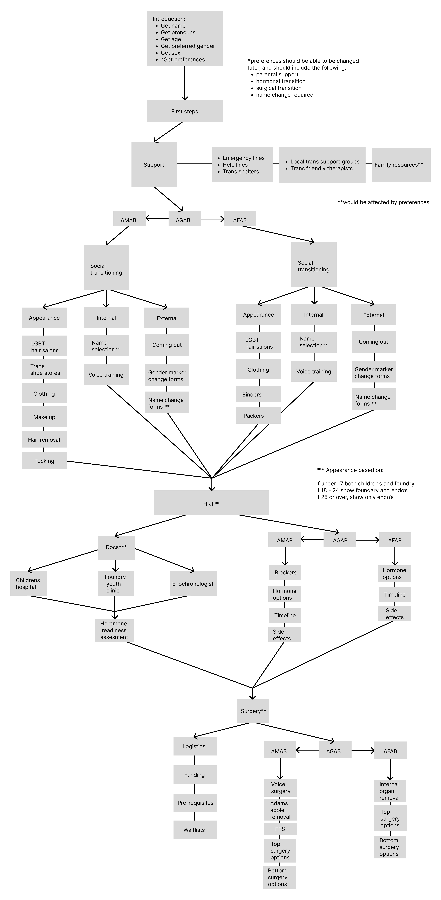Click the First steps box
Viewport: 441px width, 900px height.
pyautogui.click(x=184, y=111)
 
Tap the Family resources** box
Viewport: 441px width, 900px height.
pyautogui.click(x=401, y=165)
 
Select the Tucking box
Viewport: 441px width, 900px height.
pyautogui.click(x=44, y=461)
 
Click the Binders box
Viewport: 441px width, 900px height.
pyautogui.click(x=258, y=394)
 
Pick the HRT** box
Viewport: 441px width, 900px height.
pyautogui.click(x=211, y=503)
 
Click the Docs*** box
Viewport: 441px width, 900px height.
pyautogui.click(x=116, y=547)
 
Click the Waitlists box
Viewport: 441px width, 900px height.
pyautogui.click(x=195, y=830)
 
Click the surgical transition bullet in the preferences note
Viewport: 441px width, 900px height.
pyautogui.click(x=279, y=88)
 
